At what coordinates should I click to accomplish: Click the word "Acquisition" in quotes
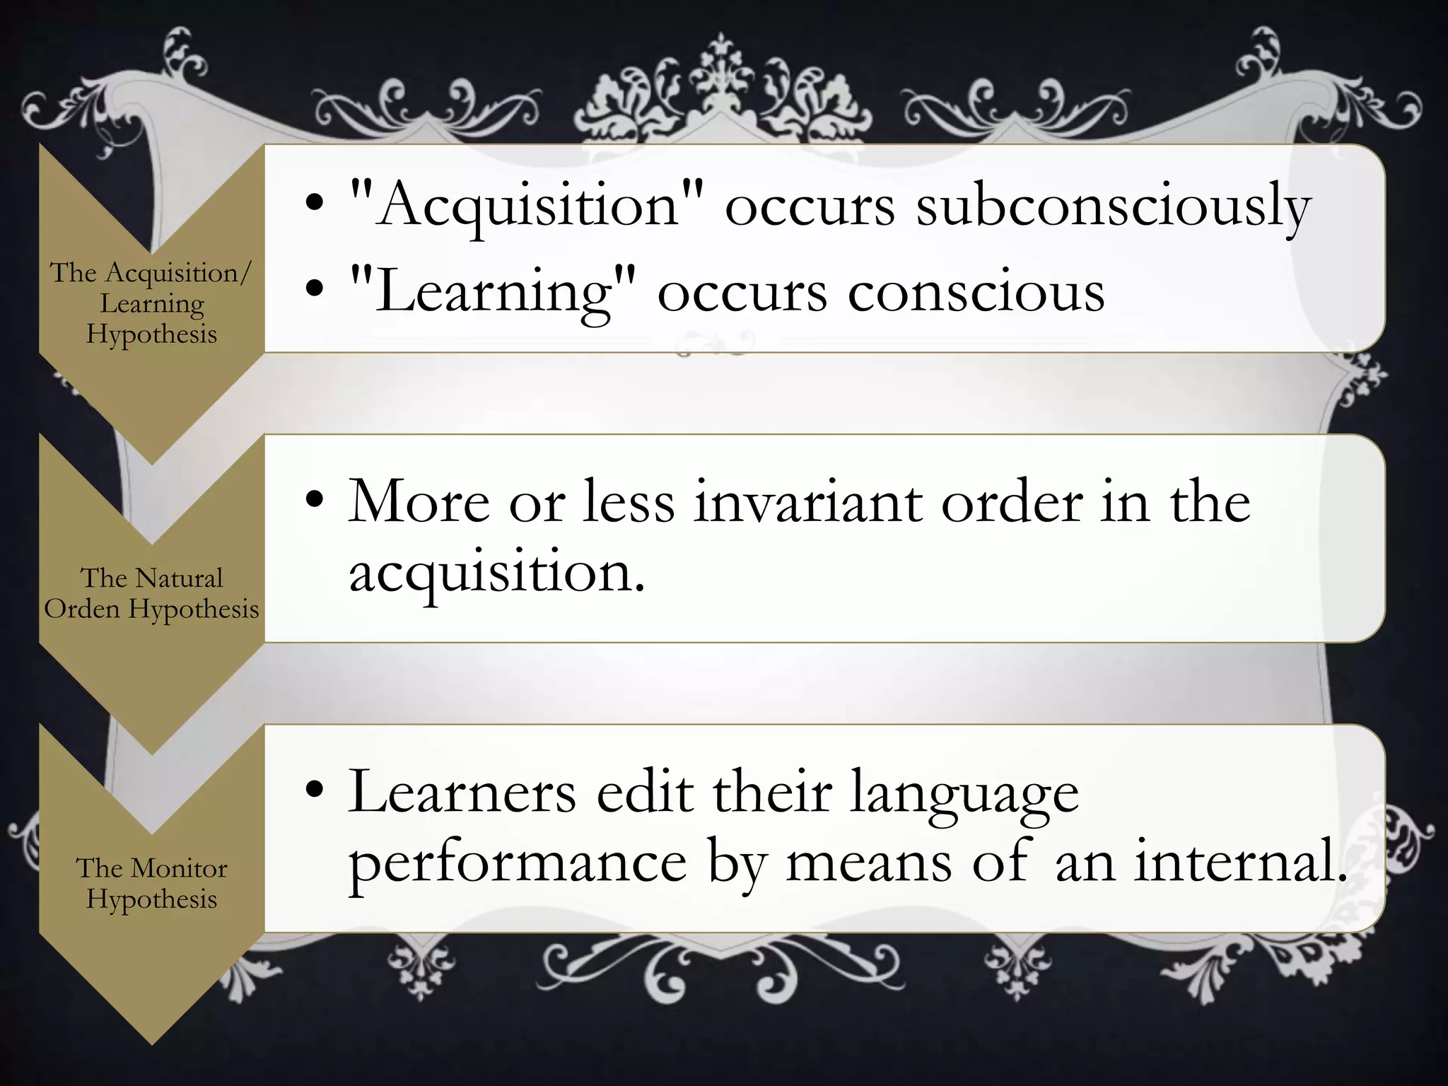coord(527,205)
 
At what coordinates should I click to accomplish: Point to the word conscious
coord(976,291)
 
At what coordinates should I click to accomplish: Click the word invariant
coord(807,502)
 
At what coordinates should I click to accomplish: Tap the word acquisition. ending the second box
coord(496,571)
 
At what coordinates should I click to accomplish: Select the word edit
coord(644,792)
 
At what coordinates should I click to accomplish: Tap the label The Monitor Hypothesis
coord(151,883)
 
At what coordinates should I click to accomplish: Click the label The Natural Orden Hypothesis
coord(151,593)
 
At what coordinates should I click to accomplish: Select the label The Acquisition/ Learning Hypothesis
coord(151,303)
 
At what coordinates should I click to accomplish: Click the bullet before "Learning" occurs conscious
coord(315,291)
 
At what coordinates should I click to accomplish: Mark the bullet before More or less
coord(315,501)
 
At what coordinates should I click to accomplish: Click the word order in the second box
coord(1012,502)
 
